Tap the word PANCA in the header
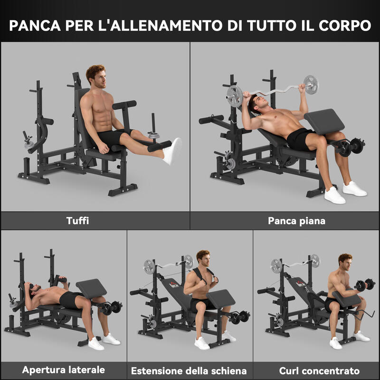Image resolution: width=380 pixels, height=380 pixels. [x=35, y=26]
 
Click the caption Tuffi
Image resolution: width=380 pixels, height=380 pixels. [x=77, y=220]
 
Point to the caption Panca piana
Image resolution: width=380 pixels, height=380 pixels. [x=296, y=221]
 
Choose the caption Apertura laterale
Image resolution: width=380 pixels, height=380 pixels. [x=64, y=370]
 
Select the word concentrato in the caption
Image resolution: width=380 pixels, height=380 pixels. [x=331, y=371]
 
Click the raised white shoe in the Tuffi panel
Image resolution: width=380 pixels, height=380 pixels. [x=172, y=151]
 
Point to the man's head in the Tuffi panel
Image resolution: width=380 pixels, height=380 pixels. [x=96, y=76]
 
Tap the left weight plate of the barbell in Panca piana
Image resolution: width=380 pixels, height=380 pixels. [x=234, y=96]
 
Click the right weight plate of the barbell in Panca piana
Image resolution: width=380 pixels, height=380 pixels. [x=311, y=85]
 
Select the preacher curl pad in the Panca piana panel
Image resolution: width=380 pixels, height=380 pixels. [x=324, y=122]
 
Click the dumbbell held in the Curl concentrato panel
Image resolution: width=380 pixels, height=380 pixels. [x=365, y=285]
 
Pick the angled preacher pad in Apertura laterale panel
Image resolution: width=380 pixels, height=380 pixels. [x=91, y=288]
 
